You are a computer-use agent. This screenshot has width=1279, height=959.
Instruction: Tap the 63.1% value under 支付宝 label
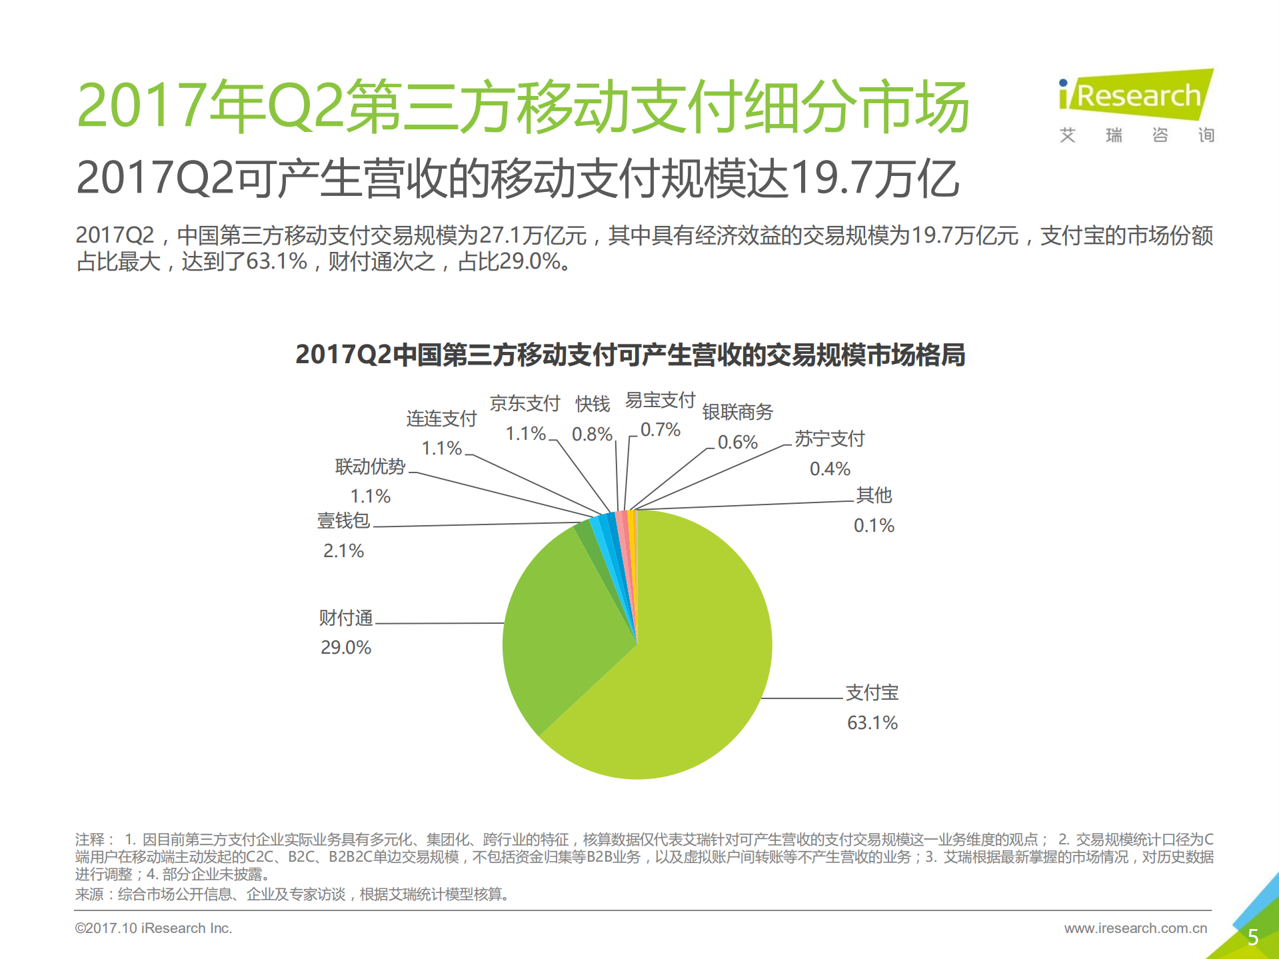click(x=872, y=722)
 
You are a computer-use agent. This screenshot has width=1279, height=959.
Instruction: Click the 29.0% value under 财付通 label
click(x=345, y=647)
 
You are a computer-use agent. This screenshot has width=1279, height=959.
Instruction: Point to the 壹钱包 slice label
click(x=343, y=520)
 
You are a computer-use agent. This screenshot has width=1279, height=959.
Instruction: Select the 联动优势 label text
click(x=370, y=467)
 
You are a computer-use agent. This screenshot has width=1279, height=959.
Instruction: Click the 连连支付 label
click(x=441, y=419)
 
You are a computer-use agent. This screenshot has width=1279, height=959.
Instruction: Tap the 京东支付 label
click(x=525, y=403)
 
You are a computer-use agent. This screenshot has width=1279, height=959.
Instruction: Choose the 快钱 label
click(x=593, y=404)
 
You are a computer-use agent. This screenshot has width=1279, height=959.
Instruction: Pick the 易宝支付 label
click(x=660, y=400)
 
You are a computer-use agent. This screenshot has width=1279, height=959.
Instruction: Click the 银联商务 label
click(x=737, y=412)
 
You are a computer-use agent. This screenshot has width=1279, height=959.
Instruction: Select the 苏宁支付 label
click(x=829, y=439)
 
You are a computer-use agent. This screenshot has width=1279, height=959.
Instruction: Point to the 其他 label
click(x=874, y=495)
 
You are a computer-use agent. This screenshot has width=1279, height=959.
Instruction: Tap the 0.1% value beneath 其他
click(x=874, y=525)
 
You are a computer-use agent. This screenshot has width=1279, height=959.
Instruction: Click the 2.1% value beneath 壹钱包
click(x=343, y=550)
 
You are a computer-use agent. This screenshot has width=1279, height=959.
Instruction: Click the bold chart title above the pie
click(x=630, y=355)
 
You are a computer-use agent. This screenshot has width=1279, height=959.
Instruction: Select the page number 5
click(x=1252, y=937)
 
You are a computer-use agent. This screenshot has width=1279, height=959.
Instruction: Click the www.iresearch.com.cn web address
click(x=1135, y=928)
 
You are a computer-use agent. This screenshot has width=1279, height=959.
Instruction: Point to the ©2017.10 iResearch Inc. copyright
click(x=153, y=928)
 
